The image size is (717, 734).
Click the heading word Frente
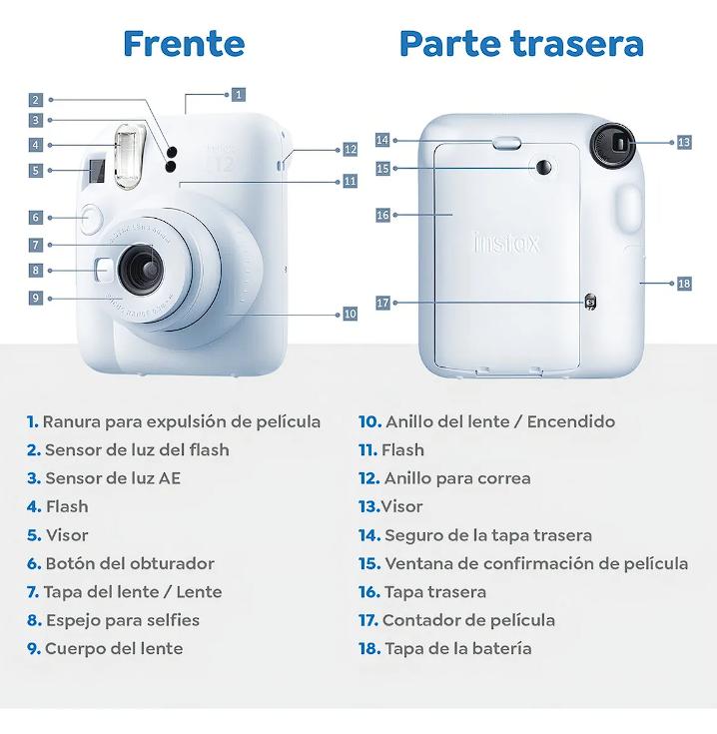(184, 44)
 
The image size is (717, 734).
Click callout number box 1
(239, 95)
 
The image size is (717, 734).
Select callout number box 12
(351, 150)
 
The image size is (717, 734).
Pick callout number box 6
(36, 218)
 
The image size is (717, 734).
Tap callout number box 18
(684, 284)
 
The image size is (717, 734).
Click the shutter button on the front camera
(91, 219)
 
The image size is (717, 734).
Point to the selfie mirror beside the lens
(104, 270)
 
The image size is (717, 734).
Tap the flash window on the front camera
(129, 156)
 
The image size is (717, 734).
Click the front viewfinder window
(97, 171)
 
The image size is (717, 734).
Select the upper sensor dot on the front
(172, 152)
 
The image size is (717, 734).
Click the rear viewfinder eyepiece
(613, 145)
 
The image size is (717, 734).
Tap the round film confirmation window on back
(543, 168)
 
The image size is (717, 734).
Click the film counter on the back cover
(590, 302)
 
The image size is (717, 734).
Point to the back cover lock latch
(506, 142)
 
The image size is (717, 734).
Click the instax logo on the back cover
(506, 243)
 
